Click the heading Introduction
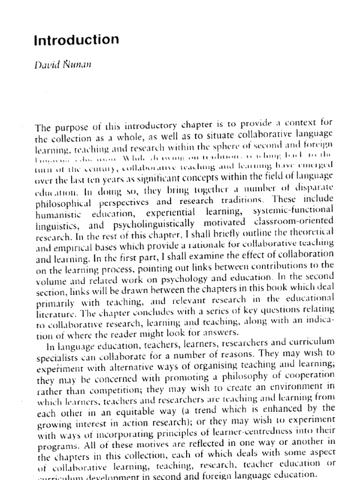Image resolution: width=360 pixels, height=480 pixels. (x=76, y=40)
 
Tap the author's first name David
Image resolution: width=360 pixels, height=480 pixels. (x=47, y=65)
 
